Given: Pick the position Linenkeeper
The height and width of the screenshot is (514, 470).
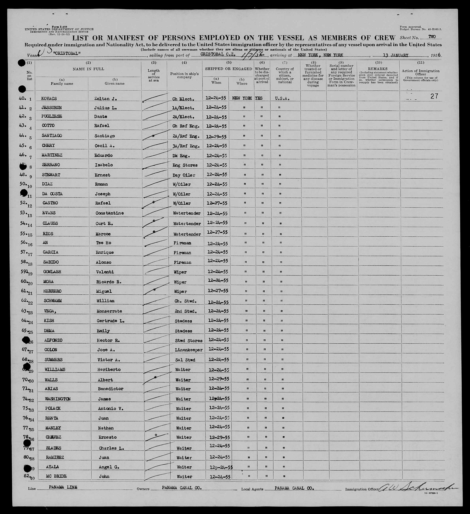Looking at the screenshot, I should click(x=189, y=350).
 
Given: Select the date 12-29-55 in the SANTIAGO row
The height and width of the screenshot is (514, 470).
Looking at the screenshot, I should click(x=216, y=136).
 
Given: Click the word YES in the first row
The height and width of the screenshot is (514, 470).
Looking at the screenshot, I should click(x=259, y=98).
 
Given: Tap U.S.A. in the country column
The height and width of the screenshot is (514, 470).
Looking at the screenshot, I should click(x=282, y=99).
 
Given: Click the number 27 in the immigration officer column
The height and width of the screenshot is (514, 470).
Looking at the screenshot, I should click(x=434, y=96).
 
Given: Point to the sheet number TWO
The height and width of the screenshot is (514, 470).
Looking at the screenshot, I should click(x=432, y=37).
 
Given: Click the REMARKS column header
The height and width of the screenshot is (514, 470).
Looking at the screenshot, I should click(x=379, y=69).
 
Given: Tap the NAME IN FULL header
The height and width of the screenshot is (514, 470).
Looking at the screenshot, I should click(x=88, y=69).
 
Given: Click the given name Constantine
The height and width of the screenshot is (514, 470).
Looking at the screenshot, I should click(x=110, y=213).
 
